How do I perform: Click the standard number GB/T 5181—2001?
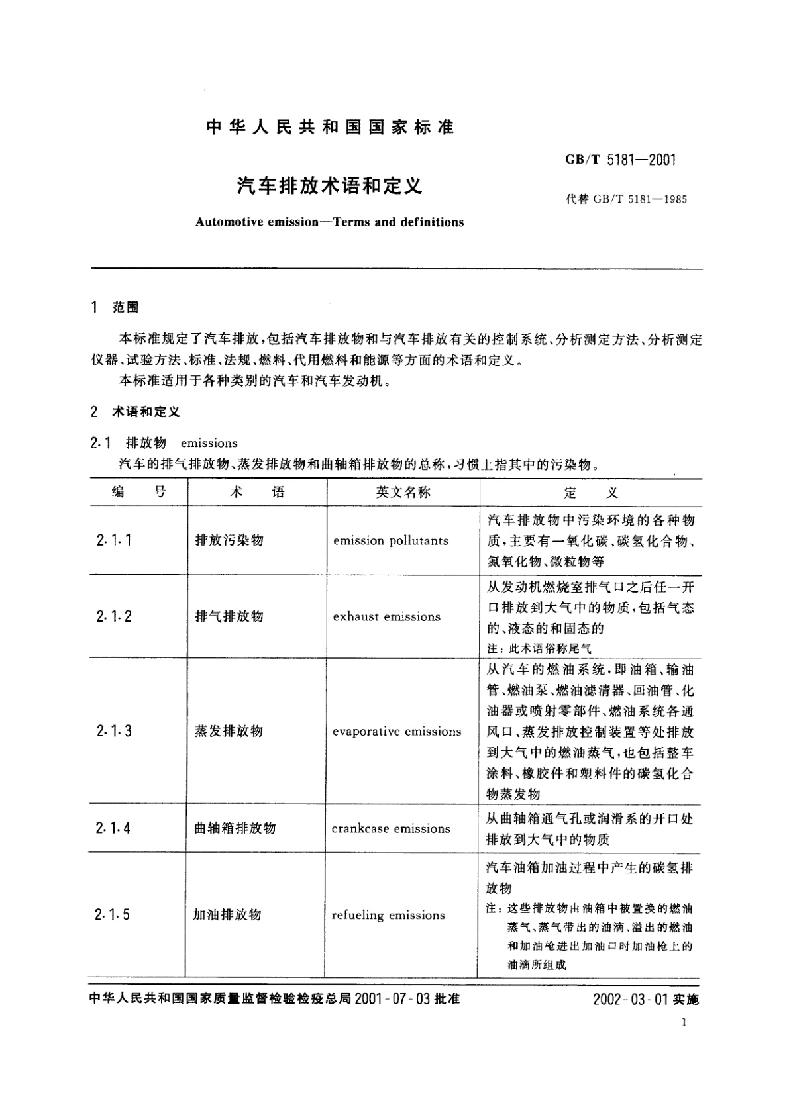tap(621, 160)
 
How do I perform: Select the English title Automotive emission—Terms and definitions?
tap(329, 222)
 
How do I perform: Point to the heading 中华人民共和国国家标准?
tap(330, 127)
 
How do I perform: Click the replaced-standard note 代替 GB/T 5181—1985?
tap(626, 199)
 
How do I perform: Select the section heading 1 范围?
tap(115, 307)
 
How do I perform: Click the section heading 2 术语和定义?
tap(135, 412)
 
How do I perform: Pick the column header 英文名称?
tap(403, 492)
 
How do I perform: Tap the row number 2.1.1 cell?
tap(113, 540)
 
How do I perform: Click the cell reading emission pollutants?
tap(391, 540)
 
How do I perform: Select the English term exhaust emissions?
tap(387, 616)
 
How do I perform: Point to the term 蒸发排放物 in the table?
tap(229, 731)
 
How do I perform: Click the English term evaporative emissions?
tap(397, 732)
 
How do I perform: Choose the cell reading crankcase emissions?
tap(391, 828)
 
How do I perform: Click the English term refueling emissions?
tap(388, 915)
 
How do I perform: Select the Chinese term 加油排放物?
tap(227, 915)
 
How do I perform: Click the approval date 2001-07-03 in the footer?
tap(393, 999)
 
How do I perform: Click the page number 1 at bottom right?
tap(684, 1022)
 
